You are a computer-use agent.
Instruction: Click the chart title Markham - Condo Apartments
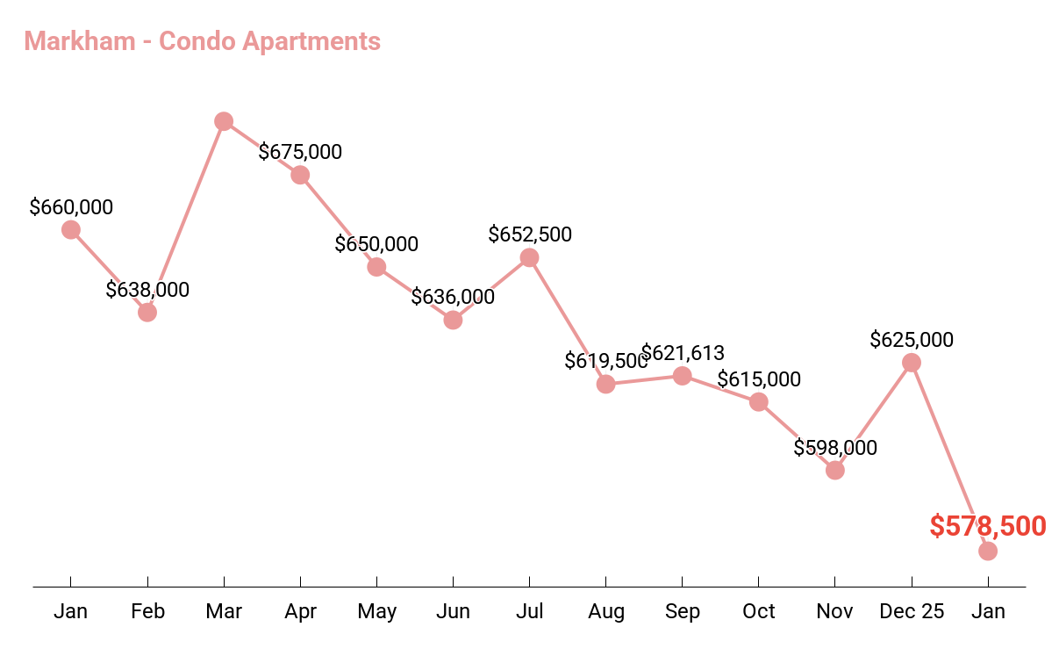click(x=203, y=41)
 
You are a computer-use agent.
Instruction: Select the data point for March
click(x=224, y=121)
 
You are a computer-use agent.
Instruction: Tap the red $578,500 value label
click(x=987, y=526)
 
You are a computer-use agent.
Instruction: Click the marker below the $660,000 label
click(x=71, y=230)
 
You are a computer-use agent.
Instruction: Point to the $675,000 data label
click(x=300, y=152)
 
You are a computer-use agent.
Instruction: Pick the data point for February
click(x=147, y=312)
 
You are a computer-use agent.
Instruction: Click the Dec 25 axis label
click(x=912, y=611)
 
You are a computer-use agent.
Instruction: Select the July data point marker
click(x=529, y=257)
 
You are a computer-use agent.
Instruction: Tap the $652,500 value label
click(x=530, y=234)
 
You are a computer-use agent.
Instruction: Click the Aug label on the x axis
click(x=606, y=611)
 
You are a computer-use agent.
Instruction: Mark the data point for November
click(x=835, y=470)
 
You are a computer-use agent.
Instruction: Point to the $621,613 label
click(x=683, y=353)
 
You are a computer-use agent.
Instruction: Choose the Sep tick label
click(x=683, y=611)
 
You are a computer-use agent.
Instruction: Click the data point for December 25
click(x=912, y=363)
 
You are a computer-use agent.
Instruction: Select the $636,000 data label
click(x=453, y=297)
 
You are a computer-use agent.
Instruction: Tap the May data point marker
click(x=376, y=267)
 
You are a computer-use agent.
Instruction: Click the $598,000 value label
click(x=835, y=447)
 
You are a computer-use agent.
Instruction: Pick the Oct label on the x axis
click(x=759, y=611)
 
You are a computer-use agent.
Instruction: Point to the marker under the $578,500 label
click(x=988, y=551)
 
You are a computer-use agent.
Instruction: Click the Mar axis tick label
click(x=224, y=611)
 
